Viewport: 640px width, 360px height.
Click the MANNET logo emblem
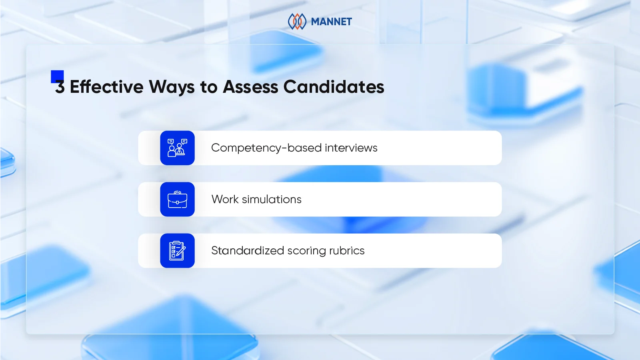(297, 22)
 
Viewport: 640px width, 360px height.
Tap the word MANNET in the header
(331, 22)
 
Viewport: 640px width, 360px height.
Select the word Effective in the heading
(106, 87)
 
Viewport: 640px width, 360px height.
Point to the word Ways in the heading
(172, 87)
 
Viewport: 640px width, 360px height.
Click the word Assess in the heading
(250, 87)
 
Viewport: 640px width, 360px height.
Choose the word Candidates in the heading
(334, 87)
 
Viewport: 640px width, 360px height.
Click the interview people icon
(177, 148)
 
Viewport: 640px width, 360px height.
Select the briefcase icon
(177, 199)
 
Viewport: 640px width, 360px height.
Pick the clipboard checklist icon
(177, 251)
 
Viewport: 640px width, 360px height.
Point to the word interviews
(351, 148)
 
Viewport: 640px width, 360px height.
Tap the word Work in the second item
(225, 199)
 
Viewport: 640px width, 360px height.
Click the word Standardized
(248, 251)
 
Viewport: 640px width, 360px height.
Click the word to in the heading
(208, 87)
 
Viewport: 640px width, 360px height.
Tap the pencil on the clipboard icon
(181, 252)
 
